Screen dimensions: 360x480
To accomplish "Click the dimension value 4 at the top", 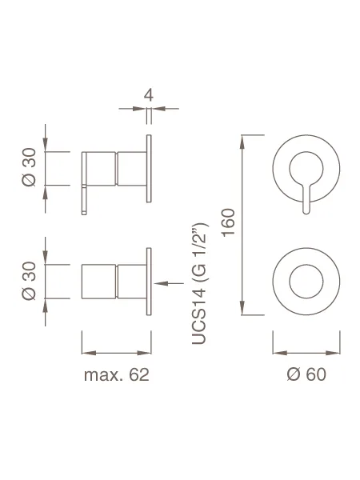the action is [x=149, y=95].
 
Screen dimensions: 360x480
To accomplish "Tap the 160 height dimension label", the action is [x=229, y=222].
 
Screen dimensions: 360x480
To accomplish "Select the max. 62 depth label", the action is [x=117, y=374].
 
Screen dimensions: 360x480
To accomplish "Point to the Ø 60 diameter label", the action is [x=306, y=374].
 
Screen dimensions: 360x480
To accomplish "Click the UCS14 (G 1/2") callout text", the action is [x=200, y=283].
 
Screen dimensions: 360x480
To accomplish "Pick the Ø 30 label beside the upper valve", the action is [x=29, y=167].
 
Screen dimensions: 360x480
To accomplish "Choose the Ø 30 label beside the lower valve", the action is [x=29, y=281].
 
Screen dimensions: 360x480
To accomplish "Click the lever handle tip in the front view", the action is [x=306, y=211].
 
